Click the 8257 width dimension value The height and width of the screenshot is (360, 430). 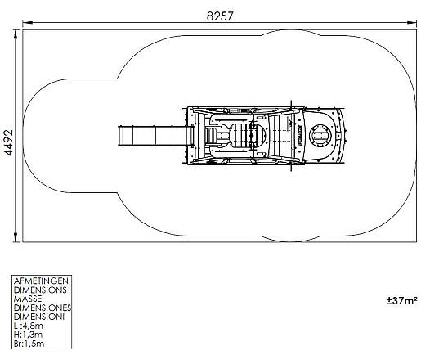[x=220, y=16]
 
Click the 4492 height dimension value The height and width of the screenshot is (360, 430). [x=8, y=142]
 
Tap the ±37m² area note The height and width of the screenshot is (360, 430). [x=402, y=301]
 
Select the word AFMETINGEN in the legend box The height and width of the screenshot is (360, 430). [x=41, y=281]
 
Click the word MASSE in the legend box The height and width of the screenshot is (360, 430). [x=28, y=299]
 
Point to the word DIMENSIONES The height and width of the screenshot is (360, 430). [x=43, y=308]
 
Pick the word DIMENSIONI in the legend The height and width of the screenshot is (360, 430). [x=39, y=317]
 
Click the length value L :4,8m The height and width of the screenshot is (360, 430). [x=29, y=326]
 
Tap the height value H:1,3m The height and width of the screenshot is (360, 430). [x=28, y=335]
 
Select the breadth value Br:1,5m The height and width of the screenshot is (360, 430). [x=29, y=344]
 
